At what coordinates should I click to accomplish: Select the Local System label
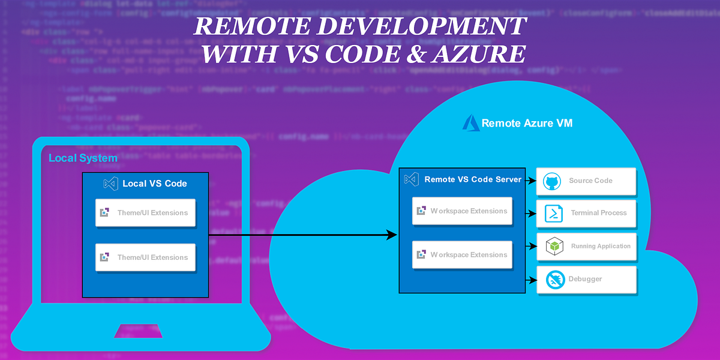83,158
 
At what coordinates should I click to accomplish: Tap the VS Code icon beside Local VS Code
110,184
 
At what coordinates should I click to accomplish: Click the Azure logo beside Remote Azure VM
471,123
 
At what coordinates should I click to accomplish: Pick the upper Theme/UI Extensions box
145,212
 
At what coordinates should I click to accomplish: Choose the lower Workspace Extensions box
462,255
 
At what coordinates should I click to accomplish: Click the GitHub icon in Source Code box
551,181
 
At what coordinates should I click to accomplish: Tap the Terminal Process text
598,213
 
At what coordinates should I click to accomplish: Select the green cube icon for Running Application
554,247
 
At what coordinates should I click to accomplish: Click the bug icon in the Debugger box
554,279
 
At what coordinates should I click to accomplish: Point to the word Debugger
585,279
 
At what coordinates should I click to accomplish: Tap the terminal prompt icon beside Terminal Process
553,214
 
